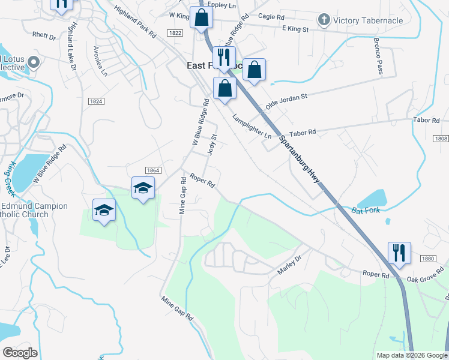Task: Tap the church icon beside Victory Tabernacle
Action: coord(324,20)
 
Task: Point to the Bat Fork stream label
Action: coord(366,211)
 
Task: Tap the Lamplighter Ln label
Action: coord(252,127)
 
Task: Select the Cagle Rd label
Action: coord(270,16)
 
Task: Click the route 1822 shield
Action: coord(175,33)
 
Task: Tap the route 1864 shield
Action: coord(152,170)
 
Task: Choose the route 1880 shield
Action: coord(427,259)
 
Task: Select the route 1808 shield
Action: coord(440,139)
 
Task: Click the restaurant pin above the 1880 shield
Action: coord(399,253)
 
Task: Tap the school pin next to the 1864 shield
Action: coord(143,188)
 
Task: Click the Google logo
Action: coord(20,353)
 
